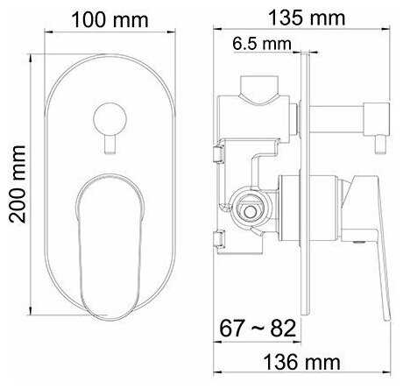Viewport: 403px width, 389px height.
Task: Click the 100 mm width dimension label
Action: coord(110,20)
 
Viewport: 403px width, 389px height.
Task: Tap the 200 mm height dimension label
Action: coord(17,184)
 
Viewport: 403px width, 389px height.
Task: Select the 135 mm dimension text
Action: coord(307,18)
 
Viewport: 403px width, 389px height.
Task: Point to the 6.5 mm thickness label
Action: coord(262,44)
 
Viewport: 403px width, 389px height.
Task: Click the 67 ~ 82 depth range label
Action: coord(258,329)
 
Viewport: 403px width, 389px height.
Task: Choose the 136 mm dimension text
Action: coord(301,363)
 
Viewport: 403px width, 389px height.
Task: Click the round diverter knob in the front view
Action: coord(110,119)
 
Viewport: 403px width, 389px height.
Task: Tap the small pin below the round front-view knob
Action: coord(110,145)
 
